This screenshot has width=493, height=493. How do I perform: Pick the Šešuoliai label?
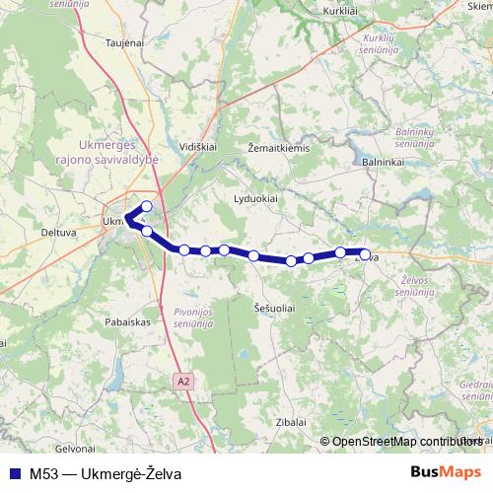(x=274, y=308)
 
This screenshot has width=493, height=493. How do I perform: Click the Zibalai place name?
(x=291, y=421)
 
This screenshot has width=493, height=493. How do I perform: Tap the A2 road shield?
(x=184, y=380)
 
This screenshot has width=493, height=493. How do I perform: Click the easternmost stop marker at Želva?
(x=365, y=255)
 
